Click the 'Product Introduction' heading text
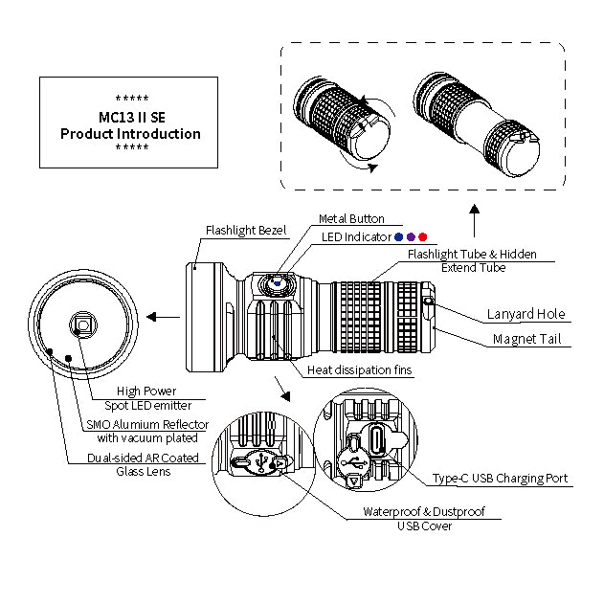click(x=130, y=133)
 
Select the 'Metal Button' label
click(x=351, y=219)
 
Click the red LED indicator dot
click(x=423, y=236)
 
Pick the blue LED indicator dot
click(x=399, y=236)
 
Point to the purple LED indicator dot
click(x=411, y=236)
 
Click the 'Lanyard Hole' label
click(x=526, y=314)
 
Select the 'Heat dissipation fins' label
click(x=360, y=370)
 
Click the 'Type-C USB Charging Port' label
click(x=500, y=478)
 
